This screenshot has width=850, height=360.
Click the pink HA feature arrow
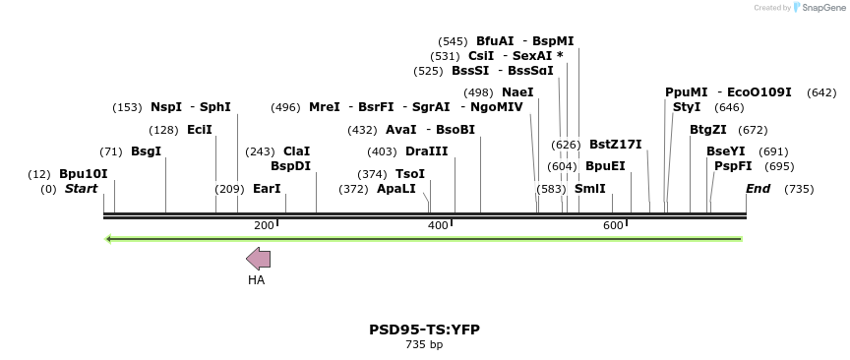[258, 259]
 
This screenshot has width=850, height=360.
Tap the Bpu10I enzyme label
[84, 174]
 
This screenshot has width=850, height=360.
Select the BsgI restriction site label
[146, 151]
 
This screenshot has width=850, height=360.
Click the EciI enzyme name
[199, 130]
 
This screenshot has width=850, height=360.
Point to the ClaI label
[296, 151]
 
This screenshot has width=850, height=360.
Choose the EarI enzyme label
[267, 189]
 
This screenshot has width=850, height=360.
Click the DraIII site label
[426, 151]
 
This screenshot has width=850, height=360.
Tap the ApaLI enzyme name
[396, 189]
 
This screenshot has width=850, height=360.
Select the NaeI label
[517, 92]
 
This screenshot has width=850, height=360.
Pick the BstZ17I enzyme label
[615, 145]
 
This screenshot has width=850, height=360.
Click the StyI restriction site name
[687, 107]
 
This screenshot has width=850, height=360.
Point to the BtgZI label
[708, 130]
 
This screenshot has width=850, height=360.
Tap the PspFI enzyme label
[733, 166]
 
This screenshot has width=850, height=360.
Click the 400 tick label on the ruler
[438, 226]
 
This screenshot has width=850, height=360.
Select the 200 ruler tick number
[264, 226]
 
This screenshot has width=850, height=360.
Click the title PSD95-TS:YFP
[424, 330]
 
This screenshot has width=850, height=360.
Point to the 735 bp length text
[424, 345]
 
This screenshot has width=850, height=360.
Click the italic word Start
[81, 189]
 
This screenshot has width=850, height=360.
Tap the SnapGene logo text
[820, 8]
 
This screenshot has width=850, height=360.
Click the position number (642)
[821, 92]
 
